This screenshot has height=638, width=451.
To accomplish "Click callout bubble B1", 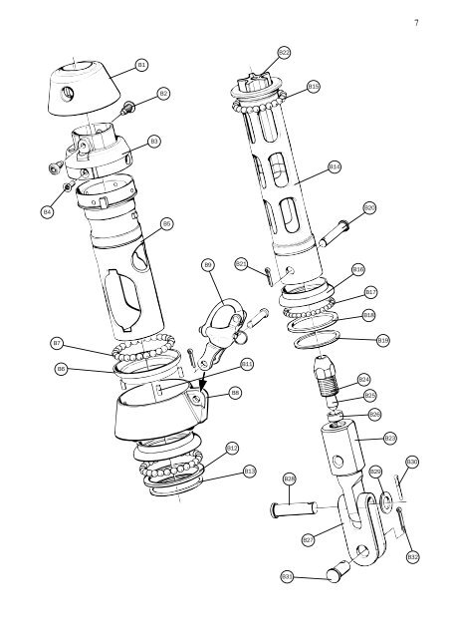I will click(x=141, y=64).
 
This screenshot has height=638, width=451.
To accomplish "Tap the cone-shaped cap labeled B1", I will click(x=89, y=84).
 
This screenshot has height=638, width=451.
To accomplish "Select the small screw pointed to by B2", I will click(x=128, y=108).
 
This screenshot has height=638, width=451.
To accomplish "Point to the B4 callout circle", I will click(x=47, y=212).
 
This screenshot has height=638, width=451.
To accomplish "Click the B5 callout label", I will click(x=167, y=223).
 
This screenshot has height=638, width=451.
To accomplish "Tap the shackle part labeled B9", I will click(x=222, y=319).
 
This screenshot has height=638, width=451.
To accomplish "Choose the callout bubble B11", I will click(x=247, y=364).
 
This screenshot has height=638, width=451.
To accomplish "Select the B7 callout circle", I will click(x=57, y=343).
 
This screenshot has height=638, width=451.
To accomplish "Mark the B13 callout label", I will click(x=250, y=471).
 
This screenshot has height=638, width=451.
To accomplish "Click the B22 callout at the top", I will click(x=284, y=51).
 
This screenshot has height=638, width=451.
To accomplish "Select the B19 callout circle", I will click(x=383, y=340).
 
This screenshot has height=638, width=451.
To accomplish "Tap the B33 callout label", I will click(x=287, y=576).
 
